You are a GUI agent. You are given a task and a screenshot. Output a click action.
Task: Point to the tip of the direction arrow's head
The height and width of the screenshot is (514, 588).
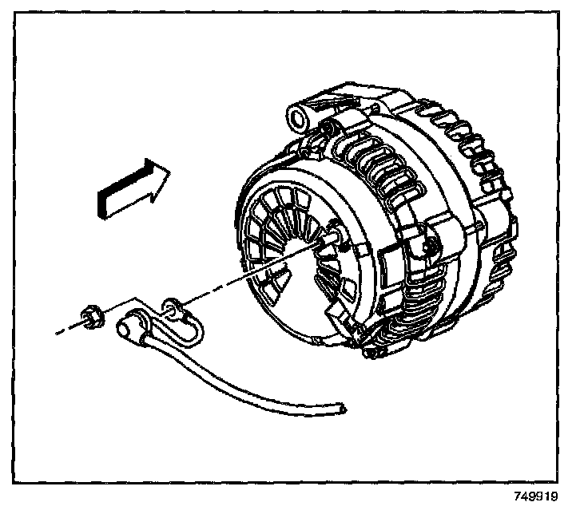[x=169, y=172]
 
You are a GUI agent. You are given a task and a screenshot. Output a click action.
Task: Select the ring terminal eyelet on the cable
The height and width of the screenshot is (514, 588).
[x=169, y=304]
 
